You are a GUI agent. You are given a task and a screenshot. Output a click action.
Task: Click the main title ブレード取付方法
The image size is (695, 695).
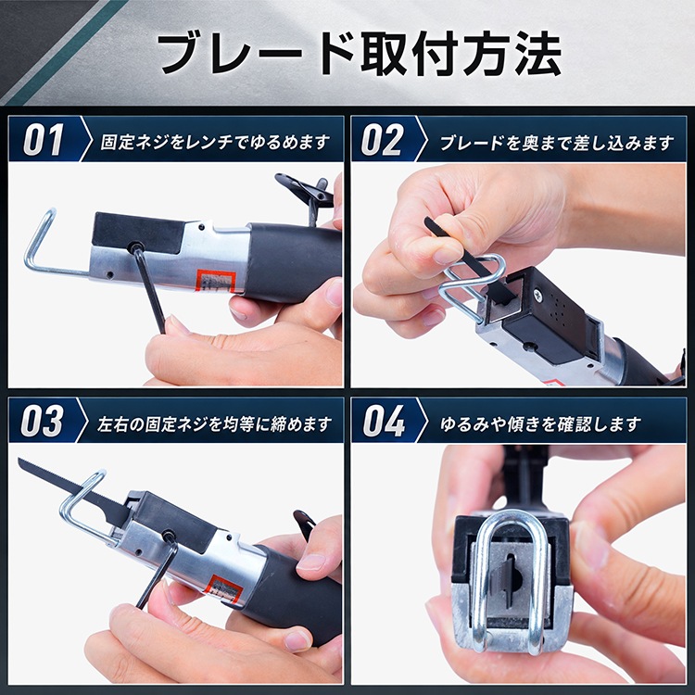359,53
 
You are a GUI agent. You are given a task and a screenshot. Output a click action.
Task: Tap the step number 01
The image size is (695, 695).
43,140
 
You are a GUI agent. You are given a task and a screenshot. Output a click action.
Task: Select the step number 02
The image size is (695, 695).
382,140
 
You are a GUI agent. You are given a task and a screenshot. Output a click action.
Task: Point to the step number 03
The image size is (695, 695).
42,421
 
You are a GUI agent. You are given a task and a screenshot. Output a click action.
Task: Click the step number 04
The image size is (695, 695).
384,421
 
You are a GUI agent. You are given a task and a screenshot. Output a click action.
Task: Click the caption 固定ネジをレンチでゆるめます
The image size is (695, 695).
215,143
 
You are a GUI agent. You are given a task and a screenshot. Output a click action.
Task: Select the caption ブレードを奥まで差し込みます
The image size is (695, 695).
557,143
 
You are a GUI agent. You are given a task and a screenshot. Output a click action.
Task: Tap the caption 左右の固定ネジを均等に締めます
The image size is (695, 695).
215,423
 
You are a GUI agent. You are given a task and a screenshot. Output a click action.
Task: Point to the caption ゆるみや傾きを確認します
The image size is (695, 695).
540,423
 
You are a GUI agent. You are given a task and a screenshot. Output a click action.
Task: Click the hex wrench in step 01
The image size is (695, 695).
150,288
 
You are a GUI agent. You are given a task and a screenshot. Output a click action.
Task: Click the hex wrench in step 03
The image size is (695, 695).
158,572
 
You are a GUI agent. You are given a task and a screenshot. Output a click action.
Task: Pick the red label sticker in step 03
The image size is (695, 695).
226,588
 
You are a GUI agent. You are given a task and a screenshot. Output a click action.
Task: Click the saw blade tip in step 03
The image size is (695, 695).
19,460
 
